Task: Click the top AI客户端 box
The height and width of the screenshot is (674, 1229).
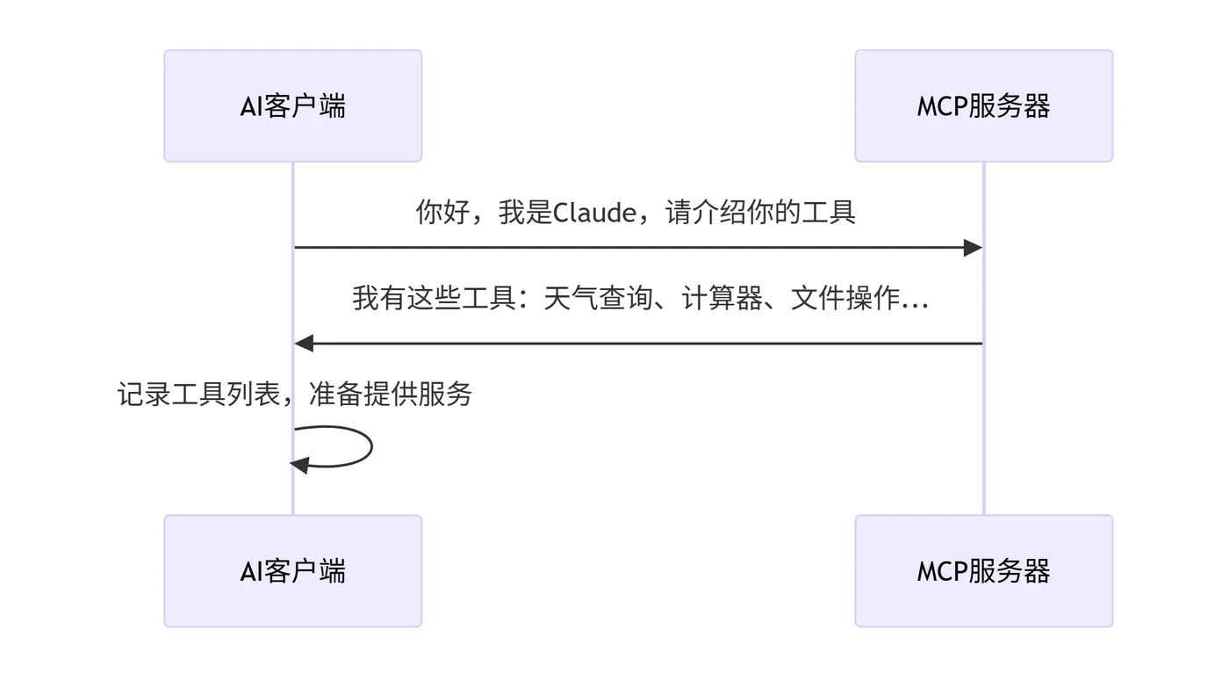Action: click(x=292, y=106)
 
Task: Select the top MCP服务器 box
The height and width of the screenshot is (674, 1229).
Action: click(x=983, y=106)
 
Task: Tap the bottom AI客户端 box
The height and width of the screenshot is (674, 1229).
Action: click(x=292, y=571)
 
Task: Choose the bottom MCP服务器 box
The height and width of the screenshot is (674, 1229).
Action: click(x=983, y=571)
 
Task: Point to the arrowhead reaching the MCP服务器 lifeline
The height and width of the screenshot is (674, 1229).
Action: click(x=973, y=248)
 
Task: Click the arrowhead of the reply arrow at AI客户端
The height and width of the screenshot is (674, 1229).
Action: click(x=304, y=344)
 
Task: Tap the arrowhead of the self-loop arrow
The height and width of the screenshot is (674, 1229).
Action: click(x=299, y=465)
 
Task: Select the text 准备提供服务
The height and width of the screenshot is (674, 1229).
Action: click(x=391, y=395)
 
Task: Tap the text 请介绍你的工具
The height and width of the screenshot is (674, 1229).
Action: click(x=761, y=213)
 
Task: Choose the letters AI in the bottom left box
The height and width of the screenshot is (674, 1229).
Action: click(x=251, y=572)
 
